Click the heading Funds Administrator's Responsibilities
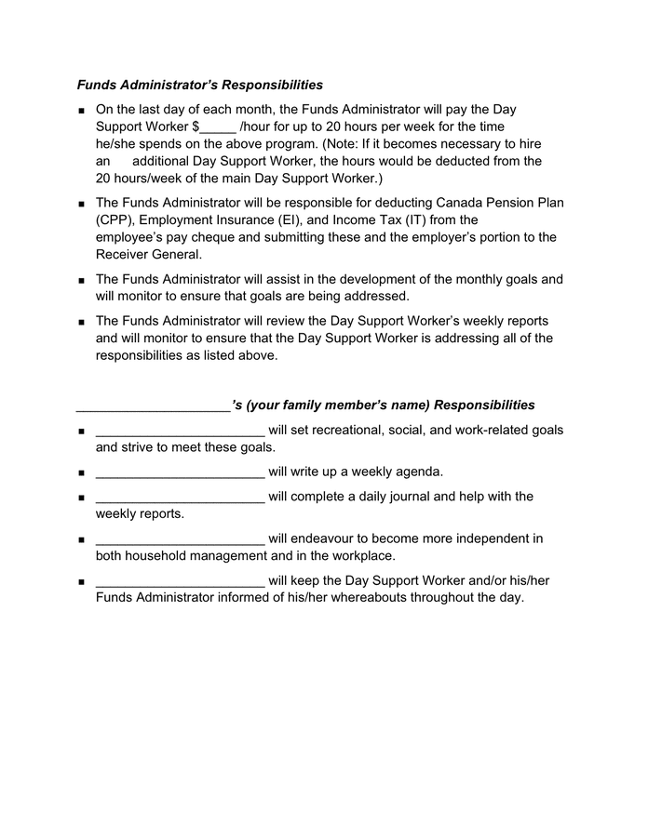pyautogui.click(x=200, y=85)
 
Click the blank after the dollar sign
pyautogui.click(x=218, y=127)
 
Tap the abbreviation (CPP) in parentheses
pyautogui.click(x=114, y=220)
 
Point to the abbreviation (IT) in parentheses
pyautogui.click(x=467, y=220)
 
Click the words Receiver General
pyautogui.click(x=149, y=255)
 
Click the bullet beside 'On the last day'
pyautogui.click(x=82, y=111)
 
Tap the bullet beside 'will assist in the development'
pyautogui.click(x=82, y=280)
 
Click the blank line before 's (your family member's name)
pyautogui.click(x=153, y=406)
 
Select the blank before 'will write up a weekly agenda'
pyautogui.click(x=180, y=472)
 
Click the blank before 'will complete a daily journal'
pyautogui.click(x=180, y=498)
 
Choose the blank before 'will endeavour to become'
pyautogui.click(x=180, y=539)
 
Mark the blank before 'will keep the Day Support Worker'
pyautogui.click(x=180, y=582)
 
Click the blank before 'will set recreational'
pyautogui.click(x=180, y=431)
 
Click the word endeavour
pyautogui.click(x=328, y=539)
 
